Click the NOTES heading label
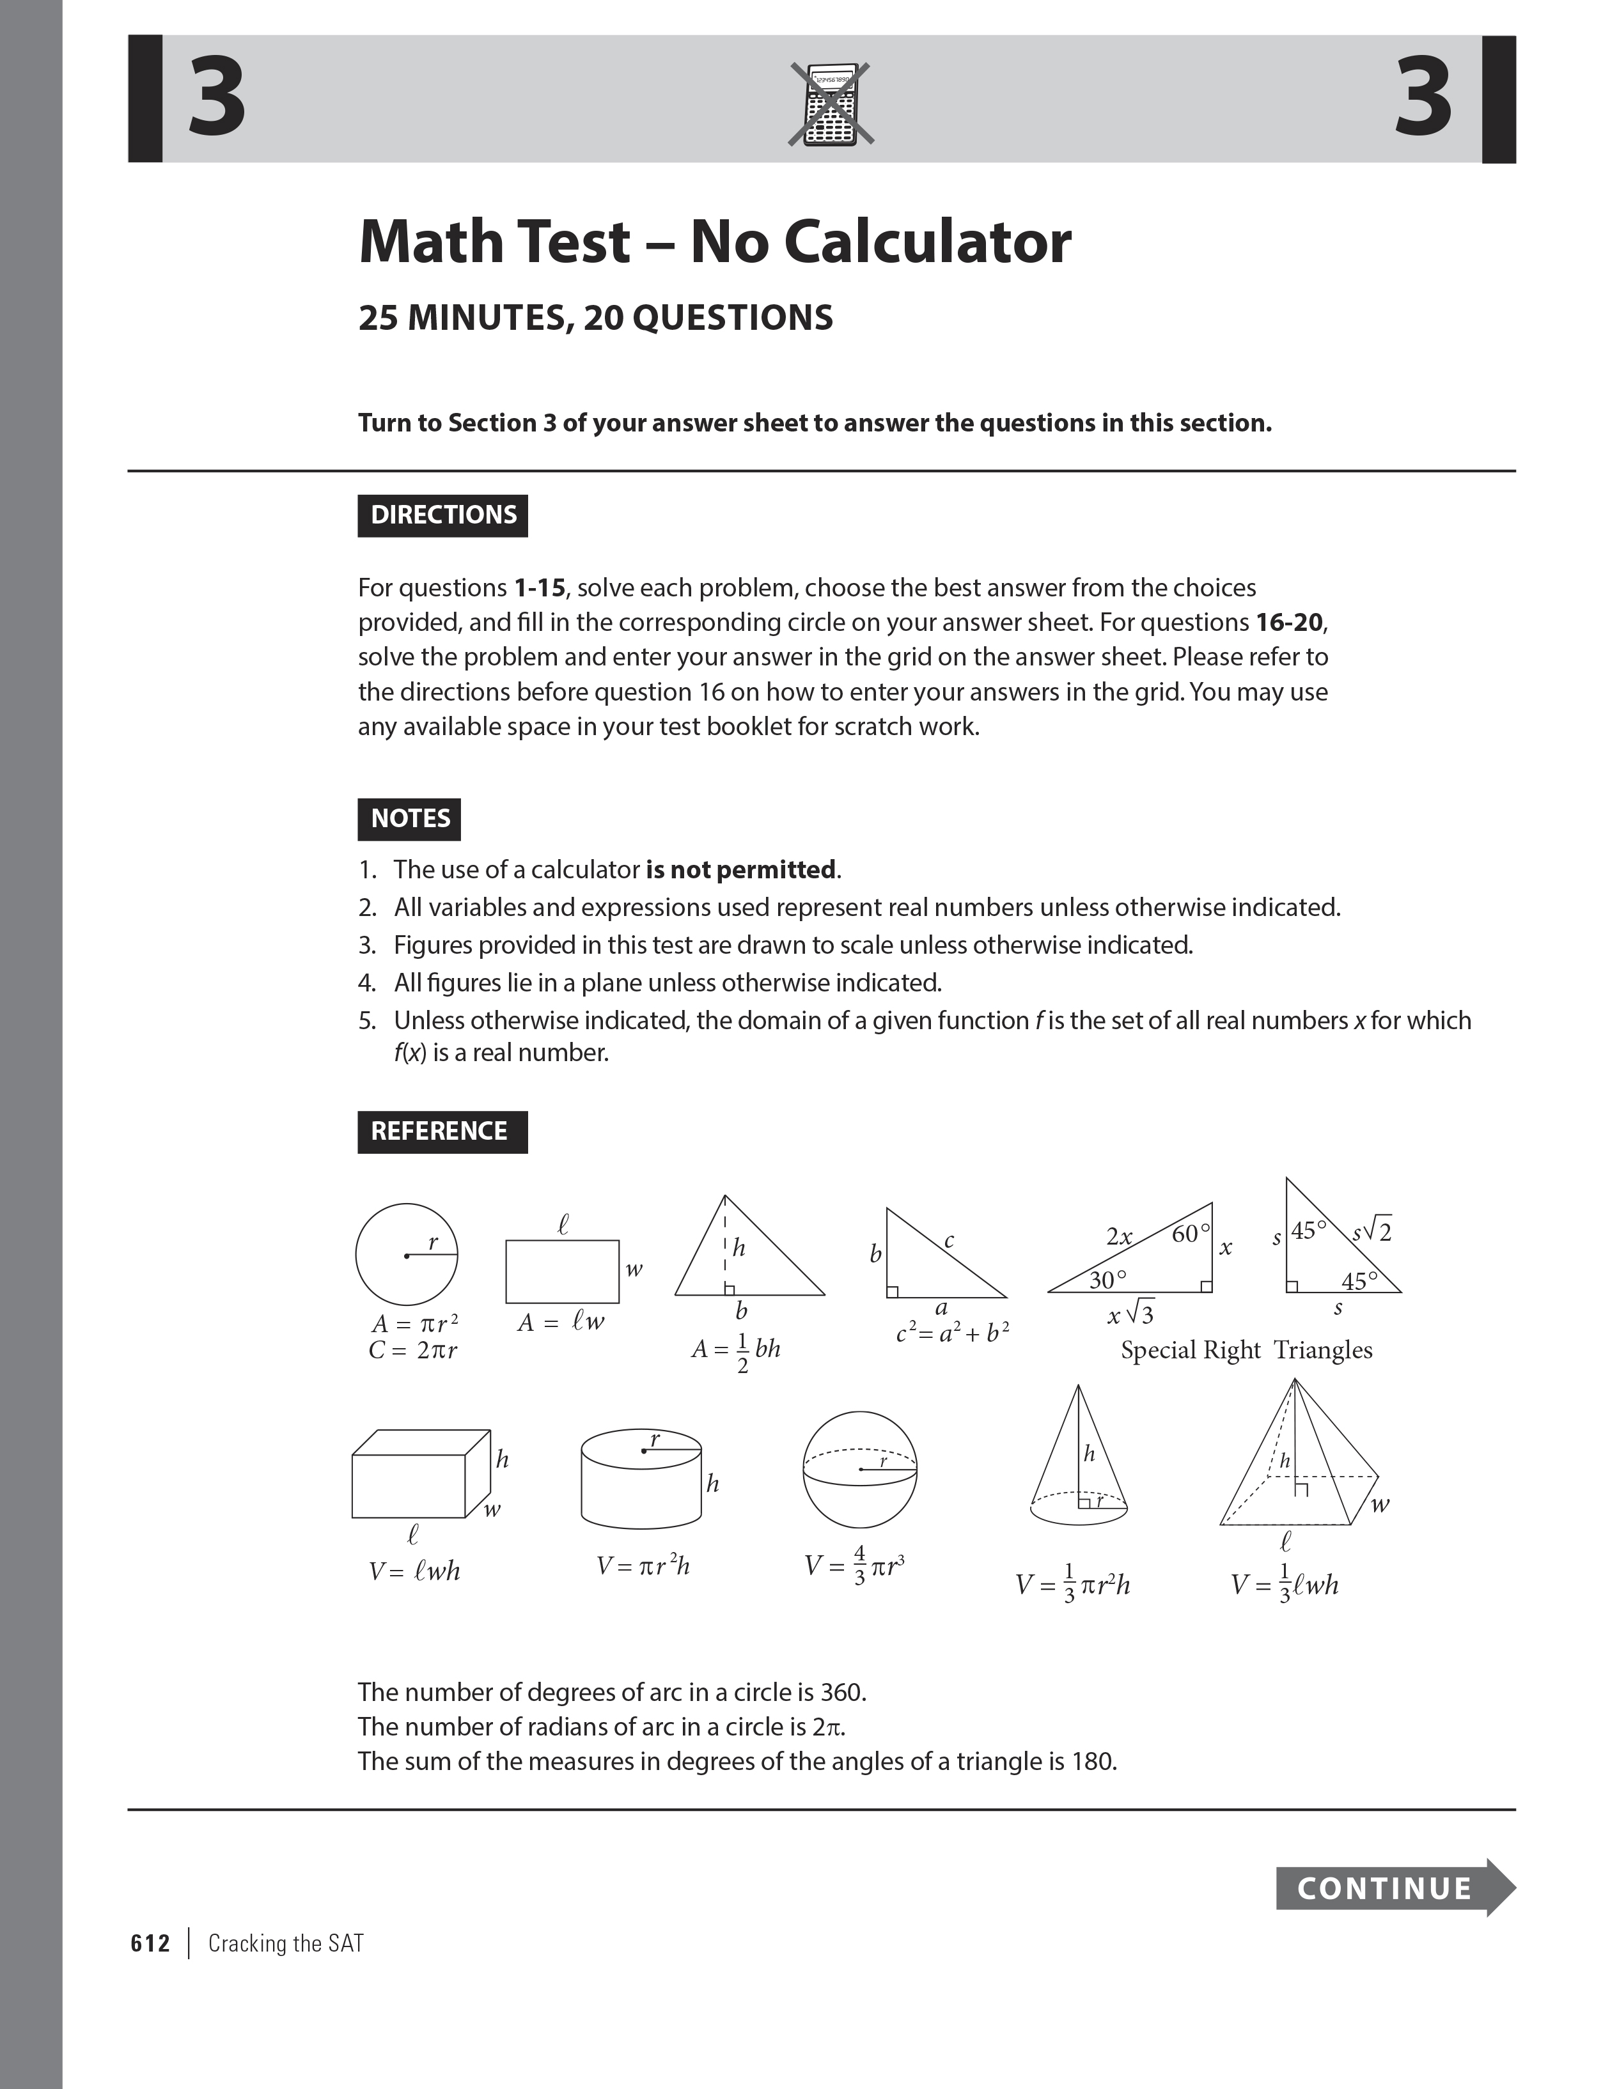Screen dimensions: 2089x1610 point(409,819)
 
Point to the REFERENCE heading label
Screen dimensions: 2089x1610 point(442,1131)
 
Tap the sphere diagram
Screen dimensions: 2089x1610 point(859,1470)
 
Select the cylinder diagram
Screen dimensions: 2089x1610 point(641,1480)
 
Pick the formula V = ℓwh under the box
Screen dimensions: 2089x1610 point(414,1571)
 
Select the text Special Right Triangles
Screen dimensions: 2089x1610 point(1246,1351)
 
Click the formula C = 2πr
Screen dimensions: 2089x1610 point(413,1351)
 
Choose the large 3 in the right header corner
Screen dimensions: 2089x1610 point(1423,98)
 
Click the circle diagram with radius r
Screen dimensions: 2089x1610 point(407,1254)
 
